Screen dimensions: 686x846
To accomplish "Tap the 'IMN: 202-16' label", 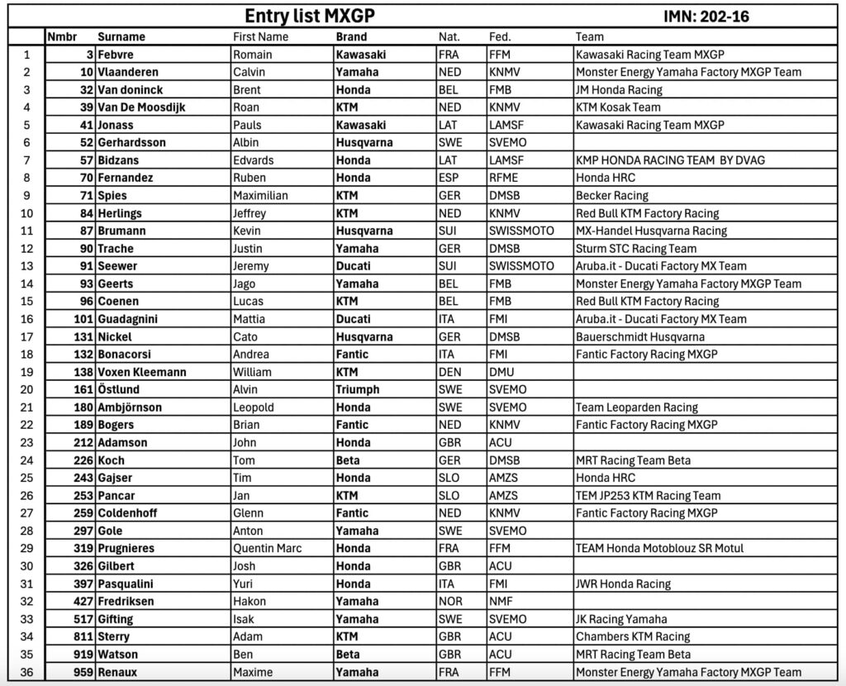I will (x=706, y=17).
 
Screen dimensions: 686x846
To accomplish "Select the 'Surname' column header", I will (x=121, y=36).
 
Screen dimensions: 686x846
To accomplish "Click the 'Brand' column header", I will (x=352, y=36).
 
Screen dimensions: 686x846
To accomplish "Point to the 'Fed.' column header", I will (x=500, y=36).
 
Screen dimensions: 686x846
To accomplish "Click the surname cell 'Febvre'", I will (x=116, y=55).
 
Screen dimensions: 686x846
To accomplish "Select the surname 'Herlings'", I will (x=120, y=213).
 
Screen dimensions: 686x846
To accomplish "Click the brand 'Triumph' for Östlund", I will (x=358, y=389).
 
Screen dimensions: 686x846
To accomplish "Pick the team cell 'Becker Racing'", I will (x=612, y=196).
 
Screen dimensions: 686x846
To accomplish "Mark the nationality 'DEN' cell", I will (x=450, y=372).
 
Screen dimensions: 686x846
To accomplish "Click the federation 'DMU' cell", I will (x=501, y=372).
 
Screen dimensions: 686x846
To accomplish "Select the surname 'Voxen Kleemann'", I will (x=141, y=372).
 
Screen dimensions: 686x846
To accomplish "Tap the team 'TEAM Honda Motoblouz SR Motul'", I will (x=660, y=548).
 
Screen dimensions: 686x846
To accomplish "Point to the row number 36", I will (x=26, y=672).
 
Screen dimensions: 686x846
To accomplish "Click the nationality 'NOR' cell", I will (x=451, y=601).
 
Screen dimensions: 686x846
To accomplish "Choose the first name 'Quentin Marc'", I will (x=268, y=548).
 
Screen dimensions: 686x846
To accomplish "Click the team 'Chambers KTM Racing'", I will (x=633, y=636).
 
